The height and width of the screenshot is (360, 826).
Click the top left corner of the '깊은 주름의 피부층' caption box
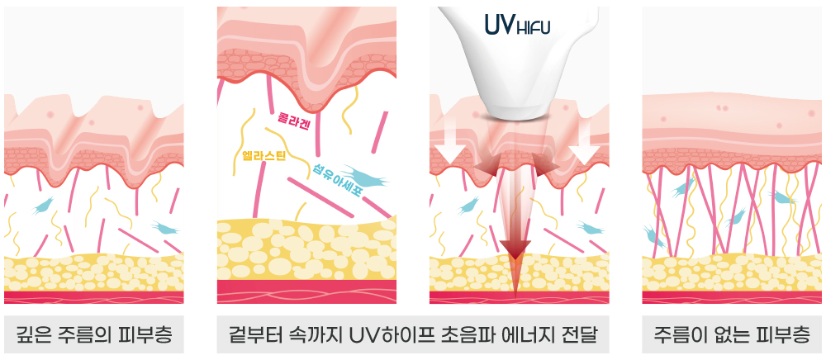[4, 315]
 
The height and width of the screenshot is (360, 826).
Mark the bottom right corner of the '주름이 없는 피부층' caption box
[822, 353]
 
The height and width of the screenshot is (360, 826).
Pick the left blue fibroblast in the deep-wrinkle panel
[43, 206]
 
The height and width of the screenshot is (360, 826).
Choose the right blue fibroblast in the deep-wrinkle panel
[165, 228]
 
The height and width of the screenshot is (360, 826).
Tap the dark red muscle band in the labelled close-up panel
[306, 291]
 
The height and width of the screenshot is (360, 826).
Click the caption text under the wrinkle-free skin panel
[732, 334]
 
